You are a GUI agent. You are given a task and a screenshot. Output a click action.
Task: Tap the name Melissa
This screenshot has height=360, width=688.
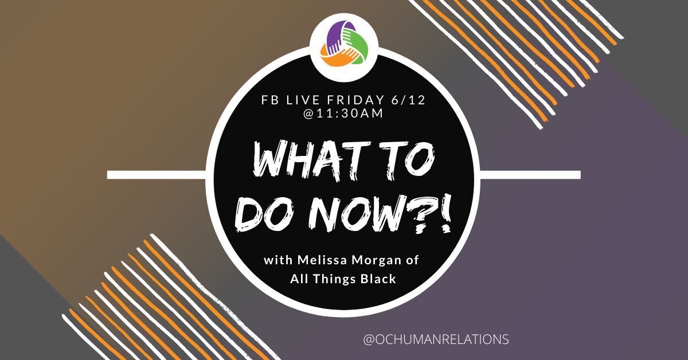coord(318,261)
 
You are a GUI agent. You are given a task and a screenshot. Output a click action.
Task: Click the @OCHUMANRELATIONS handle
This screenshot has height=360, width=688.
coord(436,339)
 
